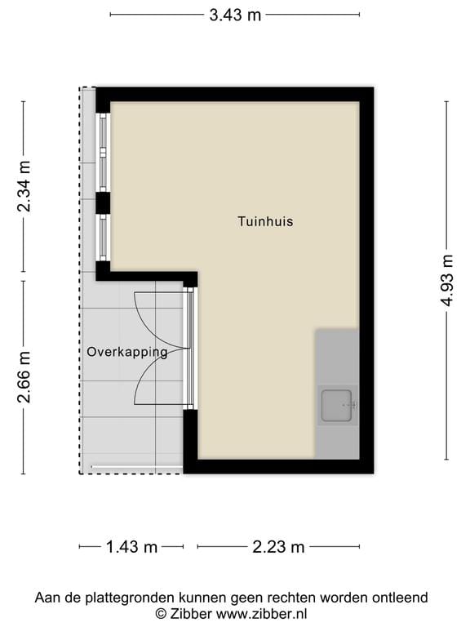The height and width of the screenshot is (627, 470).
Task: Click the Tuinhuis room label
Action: (265, 221)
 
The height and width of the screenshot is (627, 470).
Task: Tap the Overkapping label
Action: (127, 353)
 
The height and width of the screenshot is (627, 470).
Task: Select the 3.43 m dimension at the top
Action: (234, 15)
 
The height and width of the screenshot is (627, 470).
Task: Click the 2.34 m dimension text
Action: (24, 187)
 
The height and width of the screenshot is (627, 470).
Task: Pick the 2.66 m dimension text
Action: (24, 376)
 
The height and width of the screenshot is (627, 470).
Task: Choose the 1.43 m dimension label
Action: (131, 547)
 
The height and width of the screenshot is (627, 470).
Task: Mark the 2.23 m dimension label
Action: (278, 547)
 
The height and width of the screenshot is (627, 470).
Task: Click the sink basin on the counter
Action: (336, 406)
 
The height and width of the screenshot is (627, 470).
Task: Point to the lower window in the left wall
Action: (104, 237)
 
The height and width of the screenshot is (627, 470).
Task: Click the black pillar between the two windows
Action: (103, 202)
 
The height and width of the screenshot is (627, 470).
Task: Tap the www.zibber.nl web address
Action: (255, 613)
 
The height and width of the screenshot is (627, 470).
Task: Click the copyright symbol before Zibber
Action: (162, 613)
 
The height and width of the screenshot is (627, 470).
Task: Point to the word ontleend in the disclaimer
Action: (399, 598)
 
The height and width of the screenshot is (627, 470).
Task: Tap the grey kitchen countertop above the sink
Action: (336, 355)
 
